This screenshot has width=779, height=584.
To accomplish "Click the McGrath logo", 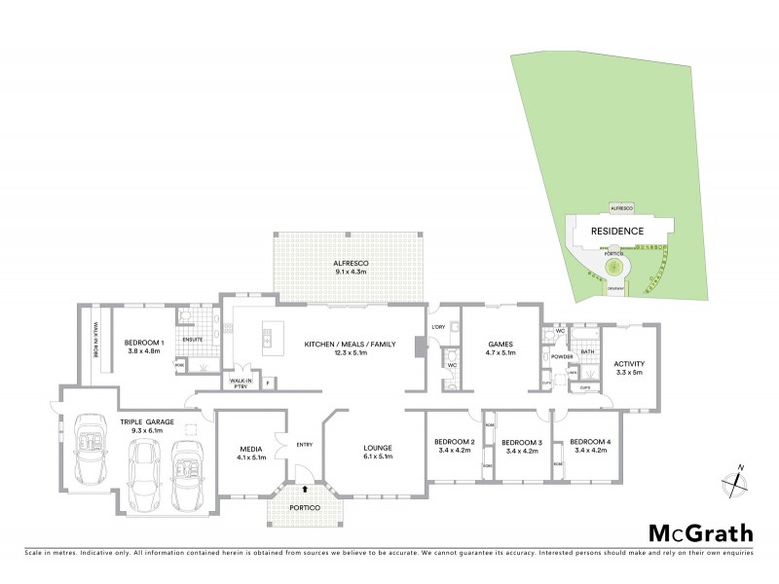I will pyautogui.click(x=700, y=532).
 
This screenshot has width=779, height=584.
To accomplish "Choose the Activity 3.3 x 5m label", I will pyautogui.click(x=629, y=368).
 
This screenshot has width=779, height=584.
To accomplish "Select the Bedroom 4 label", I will pyautogui.click(x=590, y=445).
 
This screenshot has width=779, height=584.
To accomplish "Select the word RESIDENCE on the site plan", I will pyautogui.click(x=617, y=231).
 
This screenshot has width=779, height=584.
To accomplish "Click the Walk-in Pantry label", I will pyautogui.click(x=239, y=384).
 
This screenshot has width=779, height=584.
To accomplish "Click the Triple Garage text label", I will pyautogui.click(x=146, y=425).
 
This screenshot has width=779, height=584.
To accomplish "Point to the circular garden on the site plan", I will pyautogui.click(x=614, y=266).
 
